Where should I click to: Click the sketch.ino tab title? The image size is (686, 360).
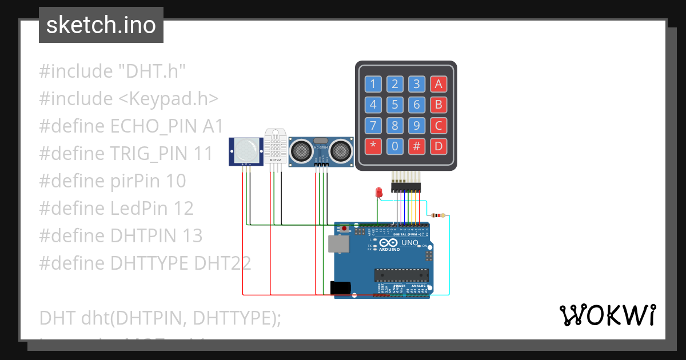pyautogui.click(x=101, y=25)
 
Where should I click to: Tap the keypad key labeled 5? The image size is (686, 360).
pyautogui.click(x=395, y=105)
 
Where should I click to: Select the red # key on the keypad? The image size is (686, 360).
pyautogui.click(x=417, y=146)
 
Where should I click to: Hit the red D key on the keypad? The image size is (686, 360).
pyautogui.click(x=438, y=146)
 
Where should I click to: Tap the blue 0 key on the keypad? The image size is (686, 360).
pyautogui.click(x=395, y=146)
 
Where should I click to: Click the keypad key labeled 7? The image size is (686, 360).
pyautogui.click(x=373, y=125)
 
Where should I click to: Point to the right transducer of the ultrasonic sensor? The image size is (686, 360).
pyautogui.click(x=341, y=151)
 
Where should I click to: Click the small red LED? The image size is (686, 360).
pyautogui.click(x=378, y=193)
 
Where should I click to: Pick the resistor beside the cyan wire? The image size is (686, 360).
pyautogui.click(x=438, y=215)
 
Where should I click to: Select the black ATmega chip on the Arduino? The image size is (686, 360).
pyautogui.click(x=401, y=275)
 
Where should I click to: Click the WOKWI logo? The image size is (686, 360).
pyautogui.click(x=607, y=315)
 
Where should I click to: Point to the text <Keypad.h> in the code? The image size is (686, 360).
pyautogui.click(x=169, y=98)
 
